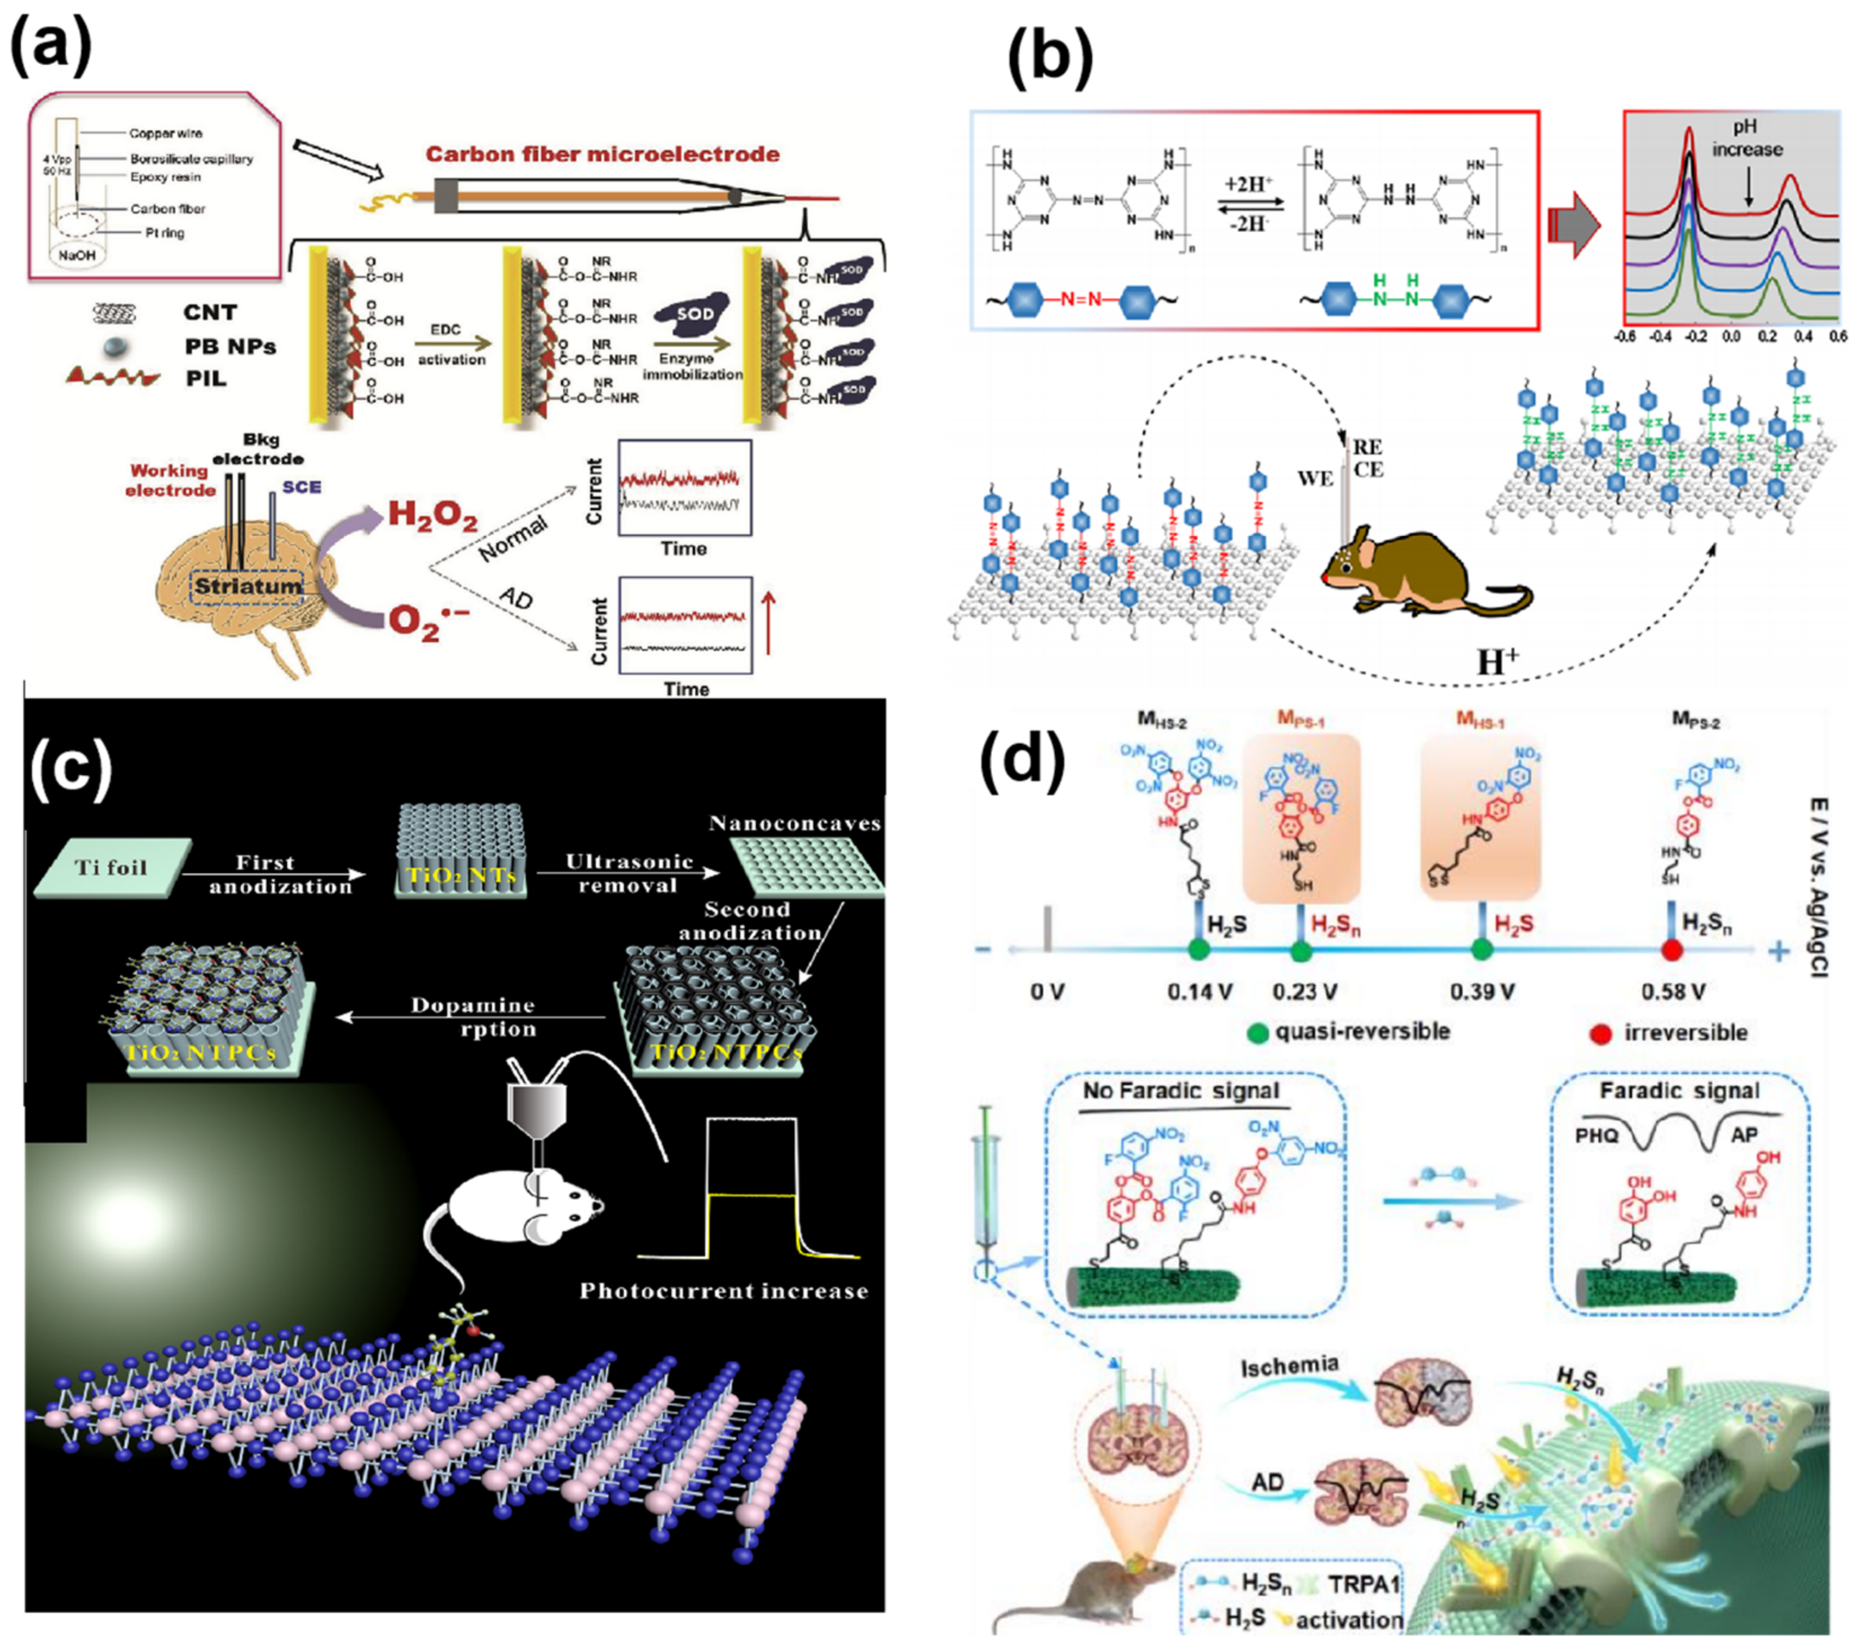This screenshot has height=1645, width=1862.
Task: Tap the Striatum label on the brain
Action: (x=248, y=586)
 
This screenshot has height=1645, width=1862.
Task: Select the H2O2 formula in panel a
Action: (x=433, y=515)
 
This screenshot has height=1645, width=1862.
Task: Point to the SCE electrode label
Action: (x=302, y=487)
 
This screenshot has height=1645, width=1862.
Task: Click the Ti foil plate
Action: (x=111, y=866)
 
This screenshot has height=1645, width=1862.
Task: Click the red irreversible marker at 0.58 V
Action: (x=1671, y=950)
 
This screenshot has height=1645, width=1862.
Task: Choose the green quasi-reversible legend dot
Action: (x=1258, y=1033)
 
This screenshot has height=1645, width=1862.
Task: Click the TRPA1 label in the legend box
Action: (x=1362, y=1584)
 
